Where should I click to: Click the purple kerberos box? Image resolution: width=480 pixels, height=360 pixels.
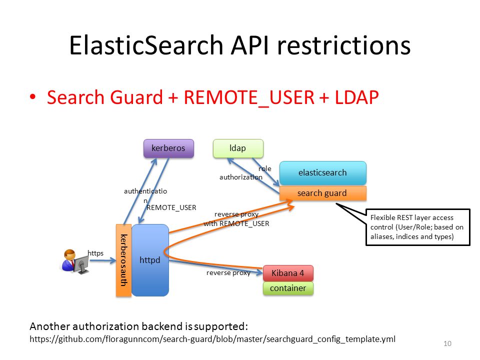point(168,148)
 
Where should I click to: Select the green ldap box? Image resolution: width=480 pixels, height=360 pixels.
point(237,148)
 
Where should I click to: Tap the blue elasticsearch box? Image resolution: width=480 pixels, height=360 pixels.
point(322,172)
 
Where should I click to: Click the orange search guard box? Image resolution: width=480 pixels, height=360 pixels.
point(322,193)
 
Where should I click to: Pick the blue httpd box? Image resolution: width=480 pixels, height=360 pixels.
point(149,260)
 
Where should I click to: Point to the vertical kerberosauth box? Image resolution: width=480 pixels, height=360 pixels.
point(123,260)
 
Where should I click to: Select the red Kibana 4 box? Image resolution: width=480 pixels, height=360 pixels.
point(288,273)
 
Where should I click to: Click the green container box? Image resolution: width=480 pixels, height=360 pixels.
point(288,288)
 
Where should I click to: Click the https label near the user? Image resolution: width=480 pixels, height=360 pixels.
point(95,253)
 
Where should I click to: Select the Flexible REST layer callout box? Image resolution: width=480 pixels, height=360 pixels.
point(417,227)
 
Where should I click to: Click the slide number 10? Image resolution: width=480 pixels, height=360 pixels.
point(447,343)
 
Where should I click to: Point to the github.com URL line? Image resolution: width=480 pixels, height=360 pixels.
point(212,339)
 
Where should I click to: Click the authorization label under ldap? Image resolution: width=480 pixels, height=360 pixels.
point(241,177)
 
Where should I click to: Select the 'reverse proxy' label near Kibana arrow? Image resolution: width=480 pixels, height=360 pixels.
point(228,273)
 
